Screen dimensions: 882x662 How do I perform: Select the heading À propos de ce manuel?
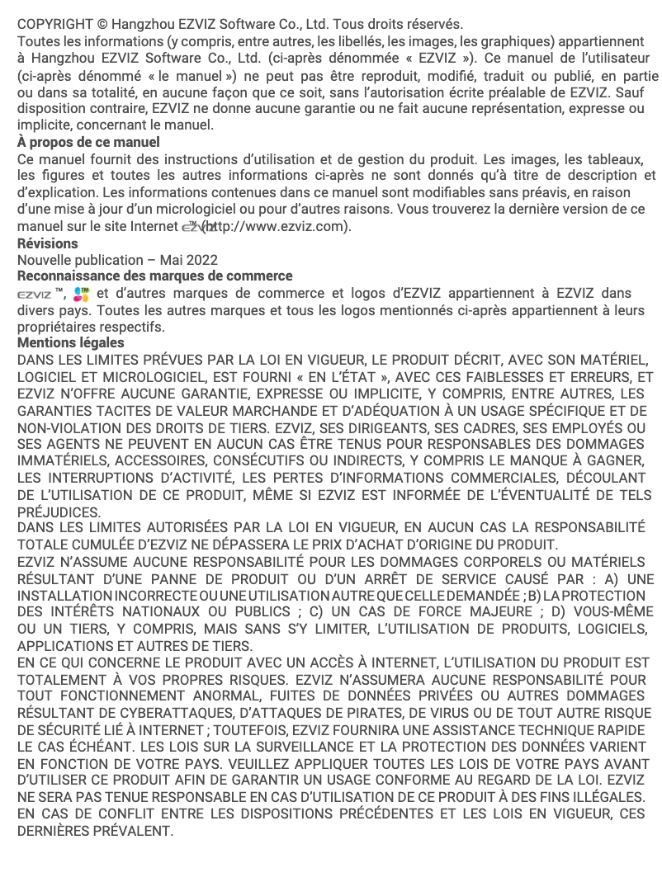(88, 142)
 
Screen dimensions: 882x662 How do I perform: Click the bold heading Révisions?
(48, 243)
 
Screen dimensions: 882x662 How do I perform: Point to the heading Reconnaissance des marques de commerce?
(154, 276)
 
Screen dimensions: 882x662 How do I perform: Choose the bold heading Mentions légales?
(71, 342)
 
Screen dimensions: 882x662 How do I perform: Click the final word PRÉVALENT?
(135, 830)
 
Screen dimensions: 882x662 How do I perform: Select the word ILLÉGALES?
(608, 796)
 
